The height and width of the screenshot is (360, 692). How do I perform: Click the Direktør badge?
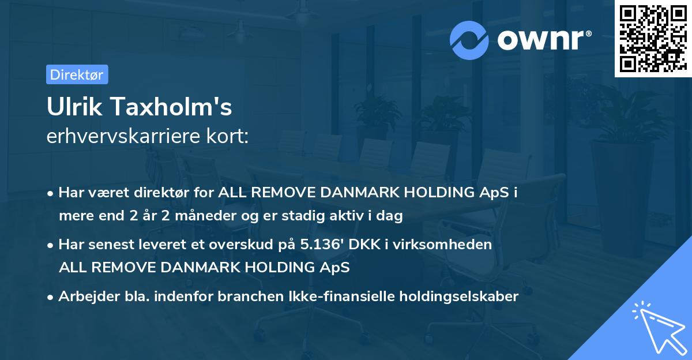(x=77, y=74)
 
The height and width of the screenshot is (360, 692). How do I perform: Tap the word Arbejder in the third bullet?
(x=84, y=297)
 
